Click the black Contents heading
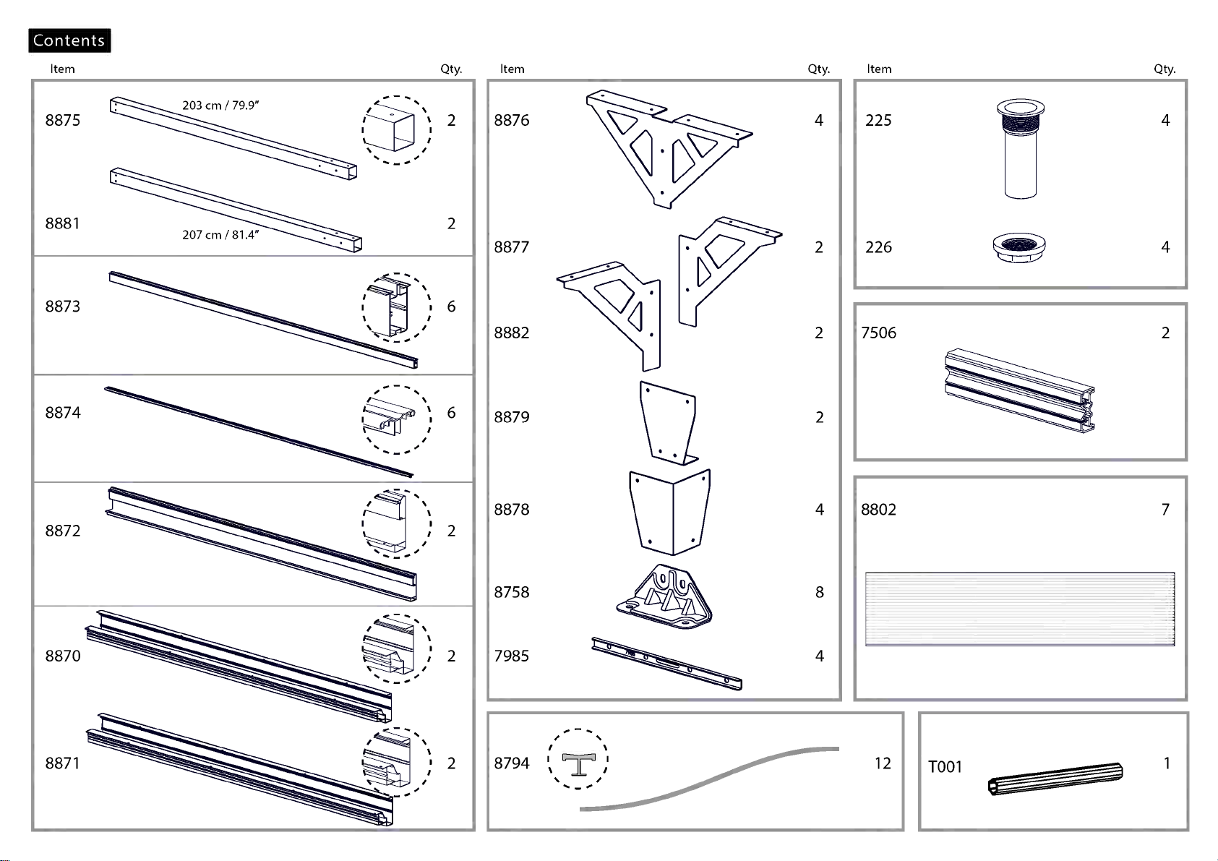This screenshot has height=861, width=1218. coord(69,40)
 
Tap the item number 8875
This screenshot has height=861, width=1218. coord(63,120)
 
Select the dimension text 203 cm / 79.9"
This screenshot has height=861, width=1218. coord(220,105)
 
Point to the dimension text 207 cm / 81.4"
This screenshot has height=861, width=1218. coord(220,234)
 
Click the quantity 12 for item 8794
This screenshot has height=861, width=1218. coord(883,763)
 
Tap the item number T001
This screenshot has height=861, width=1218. coord(945,766)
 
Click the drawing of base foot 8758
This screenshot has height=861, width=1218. coord(664,596)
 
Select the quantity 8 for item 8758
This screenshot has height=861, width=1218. coord(820,592)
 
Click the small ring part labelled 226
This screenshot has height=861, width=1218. coord(1019,249)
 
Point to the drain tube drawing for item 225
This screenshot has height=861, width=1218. coord(1020,148)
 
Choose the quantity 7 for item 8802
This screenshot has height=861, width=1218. coord(1165,509)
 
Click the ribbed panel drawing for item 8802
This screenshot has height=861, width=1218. coord(1020,609)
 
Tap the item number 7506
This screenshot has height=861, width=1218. coord(878,333)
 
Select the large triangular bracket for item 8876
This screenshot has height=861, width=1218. coord(669,149)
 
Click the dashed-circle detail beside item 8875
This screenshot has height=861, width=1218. coord(396,130)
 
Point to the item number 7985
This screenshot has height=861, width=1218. coord(511,656)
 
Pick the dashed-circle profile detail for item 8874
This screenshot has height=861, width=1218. coord(396,419)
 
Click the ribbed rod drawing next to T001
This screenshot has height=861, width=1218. coord(1055,779)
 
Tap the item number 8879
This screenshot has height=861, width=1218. coord(511,416)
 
